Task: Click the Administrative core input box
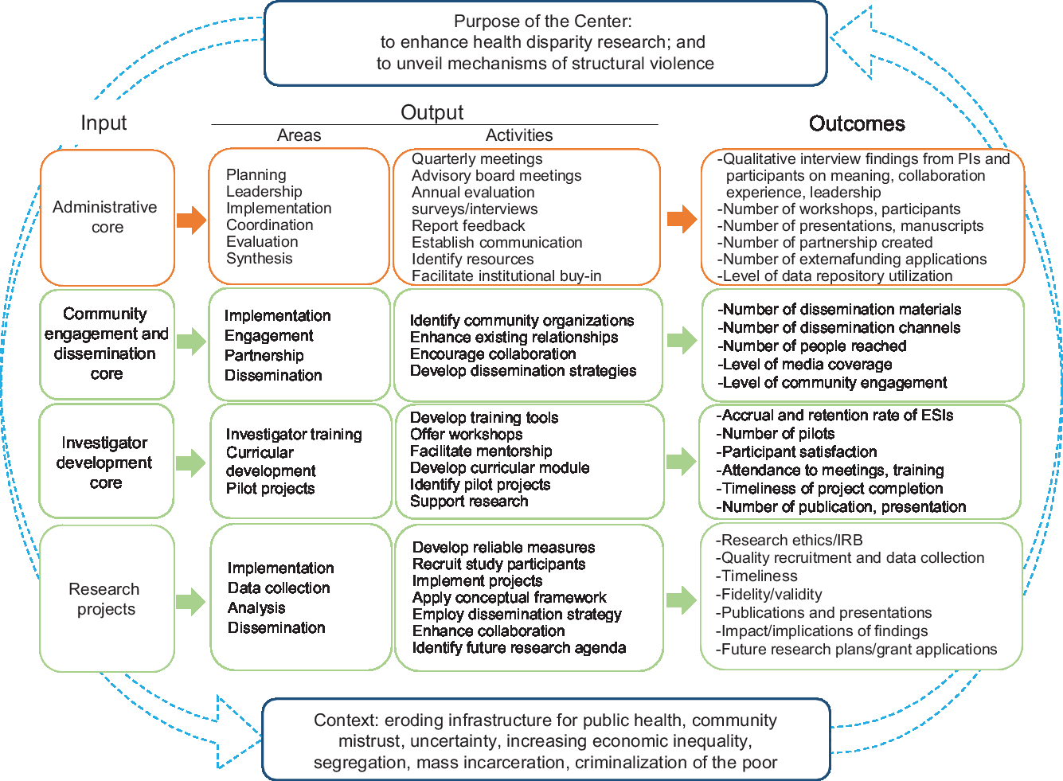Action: pos(107,217)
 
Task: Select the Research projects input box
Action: pos(106,599)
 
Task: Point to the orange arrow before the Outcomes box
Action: pos(682,219)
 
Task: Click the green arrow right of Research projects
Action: pos(191,601)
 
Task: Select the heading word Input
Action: pos(104,123)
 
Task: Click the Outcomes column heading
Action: pos(857,124)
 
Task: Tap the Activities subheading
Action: pos(519,136)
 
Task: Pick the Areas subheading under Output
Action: pos(299,136)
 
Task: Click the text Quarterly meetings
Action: pos(477,159)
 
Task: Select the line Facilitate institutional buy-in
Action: pos(506,276)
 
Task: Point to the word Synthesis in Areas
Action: pos(260,259)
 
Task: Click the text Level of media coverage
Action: pos(805,365)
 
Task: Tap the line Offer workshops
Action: pos(467,435)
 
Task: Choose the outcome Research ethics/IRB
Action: pos(790,540)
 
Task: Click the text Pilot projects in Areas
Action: pos(271,489)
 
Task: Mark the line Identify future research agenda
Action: pos(519,648)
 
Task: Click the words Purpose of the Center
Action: pos(543,21)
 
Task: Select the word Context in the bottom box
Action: pos(344,720)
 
